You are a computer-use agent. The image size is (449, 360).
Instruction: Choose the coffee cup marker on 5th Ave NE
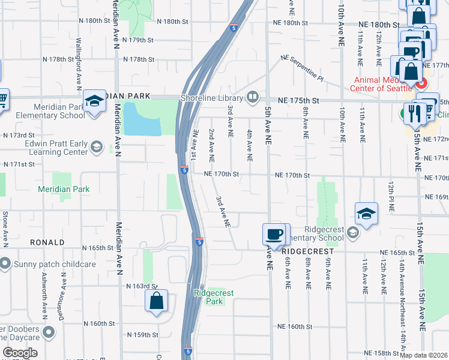tap(275, 235)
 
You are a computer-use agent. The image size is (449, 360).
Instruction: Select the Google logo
tap(20, 353)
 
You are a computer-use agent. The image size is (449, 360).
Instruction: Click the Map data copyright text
tap(423, 355)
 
